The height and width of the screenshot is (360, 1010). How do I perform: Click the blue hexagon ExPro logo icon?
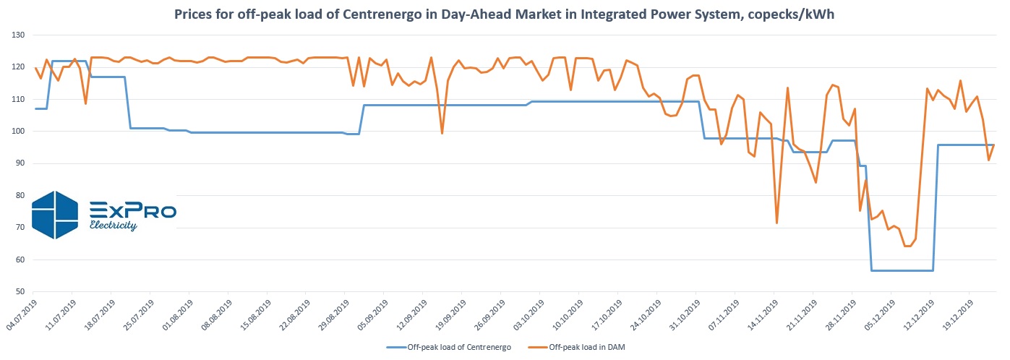pyautogui.click(x=55, y=215)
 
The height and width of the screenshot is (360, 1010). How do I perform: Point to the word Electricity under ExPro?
pyautogui.click(x=113, y=226)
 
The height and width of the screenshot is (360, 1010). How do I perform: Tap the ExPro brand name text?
pyautogui.click(x=132, y=210)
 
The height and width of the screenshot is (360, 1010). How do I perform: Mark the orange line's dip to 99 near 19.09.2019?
pyautogui.click(x=442, y=133)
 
